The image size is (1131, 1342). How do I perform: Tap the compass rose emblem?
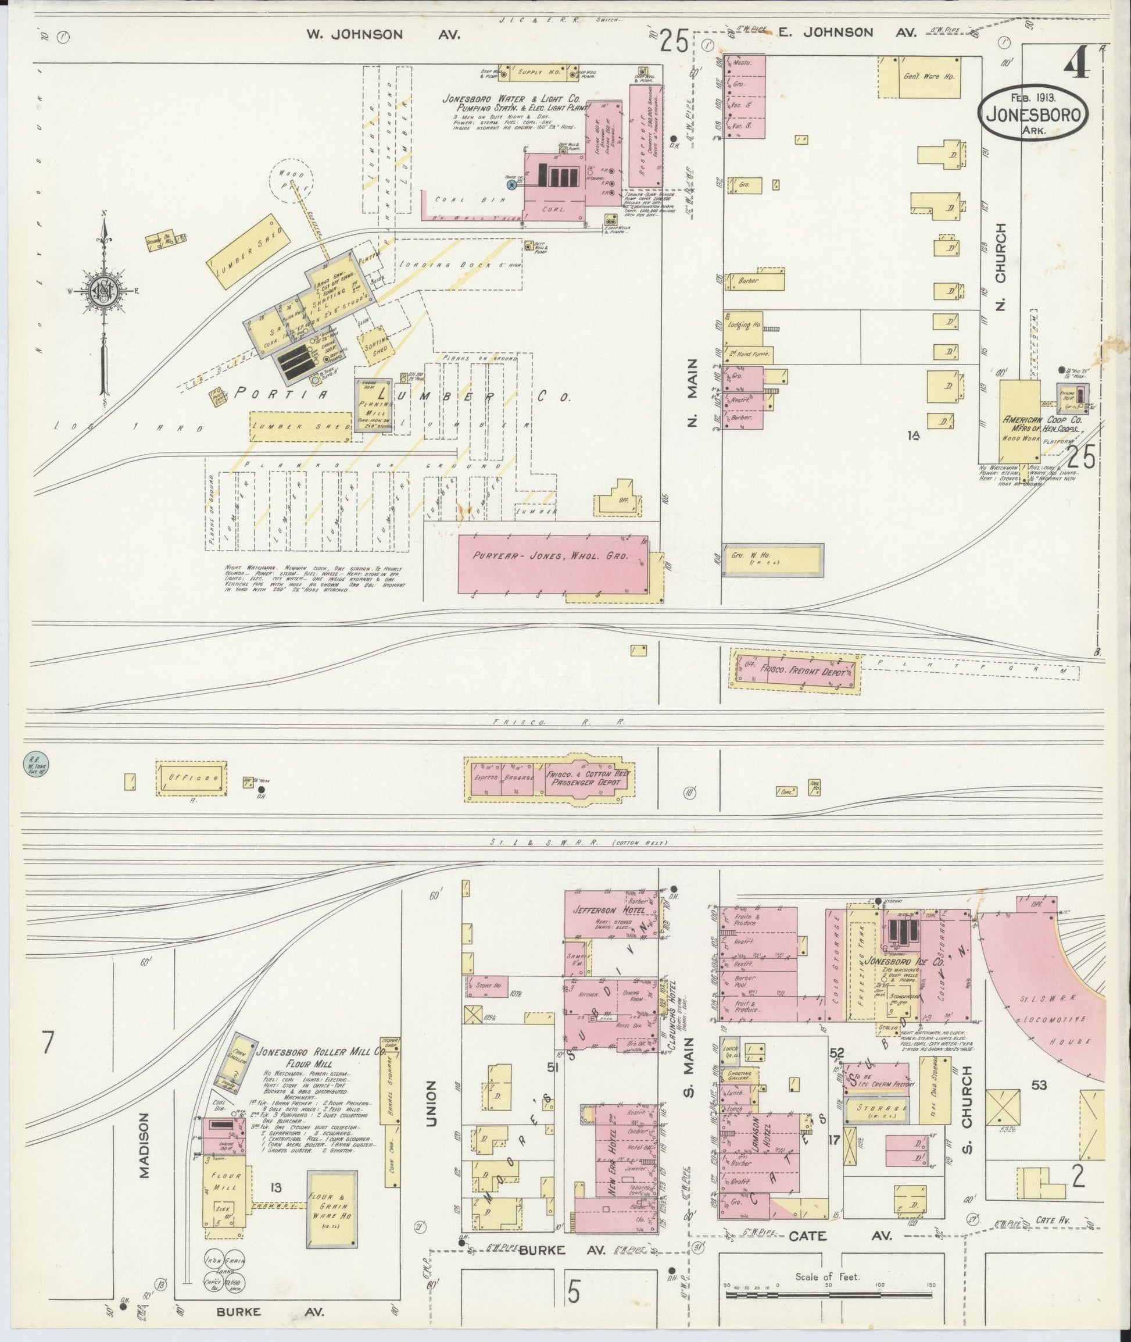tap(103, 290)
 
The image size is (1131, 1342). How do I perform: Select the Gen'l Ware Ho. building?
tap(929, 77)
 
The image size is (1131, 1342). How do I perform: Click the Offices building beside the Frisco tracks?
tap(191, 777)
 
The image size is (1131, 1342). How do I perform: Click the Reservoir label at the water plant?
tap(644, 136)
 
